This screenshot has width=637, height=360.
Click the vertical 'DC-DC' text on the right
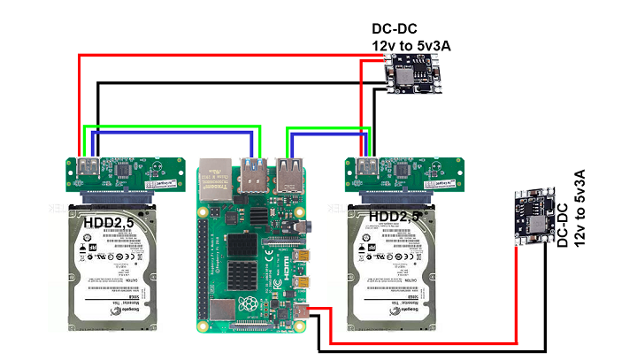tap(564, 225)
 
